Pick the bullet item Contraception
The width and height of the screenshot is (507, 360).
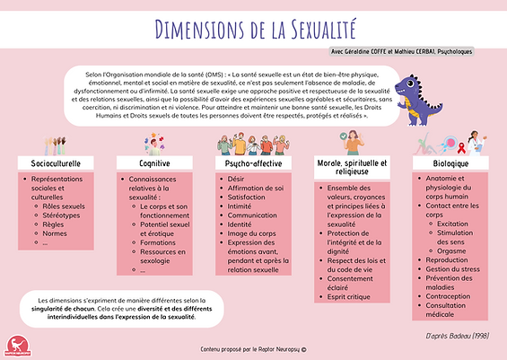451,295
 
